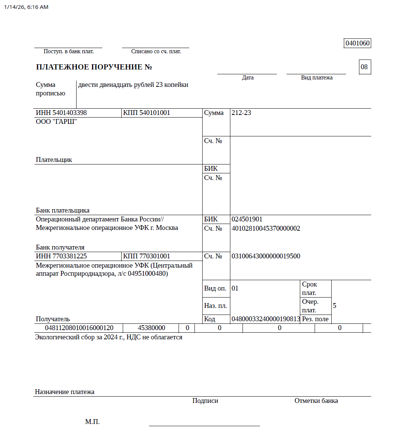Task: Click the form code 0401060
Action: [x=357, y=43]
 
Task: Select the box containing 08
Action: [x=364, y=67]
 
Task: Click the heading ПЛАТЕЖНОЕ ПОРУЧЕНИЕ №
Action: [x=94, y=67]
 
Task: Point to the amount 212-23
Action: [x=241, y=113]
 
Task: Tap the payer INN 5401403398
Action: [x=61, y=113]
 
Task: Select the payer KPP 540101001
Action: [x=146, y=113]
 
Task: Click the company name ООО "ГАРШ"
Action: [x=56, y=122]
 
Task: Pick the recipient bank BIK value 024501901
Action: [x=247, y=219]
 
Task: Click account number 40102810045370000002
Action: [x=265, y=228]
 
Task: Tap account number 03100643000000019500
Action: [x=265, y=256]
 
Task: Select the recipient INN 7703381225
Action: [x=61, y=256]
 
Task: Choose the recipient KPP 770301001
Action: [x=146, y=256]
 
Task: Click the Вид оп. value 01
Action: [x=235, y=288]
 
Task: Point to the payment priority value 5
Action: [x=334, y=306]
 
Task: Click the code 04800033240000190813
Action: [x=265, y=319]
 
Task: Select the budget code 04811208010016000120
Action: [x=79, y=328]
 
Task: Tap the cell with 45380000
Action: [x=151, y=328]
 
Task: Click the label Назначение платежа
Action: [x=65, y=392]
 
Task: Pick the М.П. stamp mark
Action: [x=92, y=422]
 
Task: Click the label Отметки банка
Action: [x=316, y=401]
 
